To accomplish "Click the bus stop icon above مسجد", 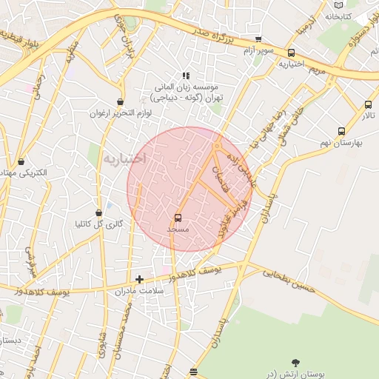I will click(178, 218).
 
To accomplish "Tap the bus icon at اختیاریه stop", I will click(291, 53).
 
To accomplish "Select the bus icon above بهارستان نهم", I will click(341, 132).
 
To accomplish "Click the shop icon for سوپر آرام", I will click(258, 39).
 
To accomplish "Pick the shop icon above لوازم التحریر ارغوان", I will click(120, 102).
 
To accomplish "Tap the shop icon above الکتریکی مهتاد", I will click(21, 161).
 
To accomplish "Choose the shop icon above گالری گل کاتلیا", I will click(99, 213).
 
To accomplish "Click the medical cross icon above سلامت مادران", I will click(139, 279).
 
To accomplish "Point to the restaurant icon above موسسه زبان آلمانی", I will click(187, 76).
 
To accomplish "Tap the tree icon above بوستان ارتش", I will click(296, 362).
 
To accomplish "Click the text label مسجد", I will click(178, 229).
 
